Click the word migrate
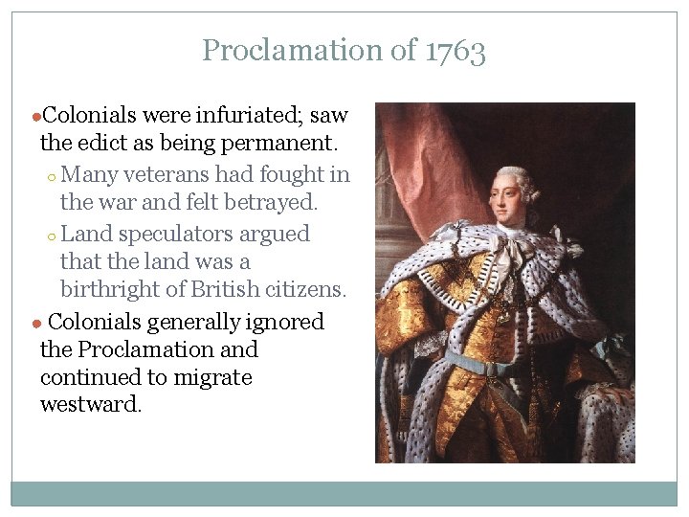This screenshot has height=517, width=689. tap(212, 377)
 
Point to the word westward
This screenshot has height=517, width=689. tap(90, 405)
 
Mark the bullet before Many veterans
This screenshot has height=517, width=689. tap(54, 177)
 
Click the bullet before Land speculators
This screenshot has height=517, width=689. tap(54, 236)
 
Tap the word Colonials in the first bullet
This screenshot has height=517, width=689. tap(89, 117)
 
